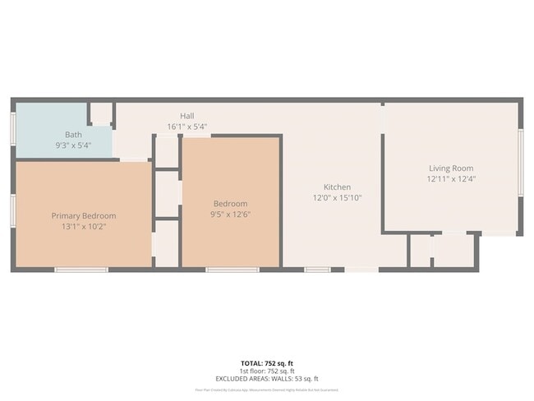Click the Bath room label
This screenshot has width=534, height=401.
pyautogui.click(x=73, y=134)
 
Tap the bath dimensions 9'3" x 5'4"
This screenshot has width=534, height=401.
pyautogui.click(x=73, y=145)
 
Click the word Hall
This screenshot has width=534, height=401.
pyautogui.click(x=186, y=116)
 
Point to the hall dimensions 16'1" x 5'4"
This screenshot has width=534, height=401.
pyautogui.click(x=186, y=127)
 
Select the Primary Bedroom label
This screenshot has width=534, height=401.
pyautogui.click(x=84, y=215)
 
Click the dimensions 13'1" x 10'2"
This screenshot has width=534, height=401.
pyautogui.click(x=84, y=226)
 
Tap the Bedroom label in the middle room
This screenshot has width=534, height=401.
pyautogui.click(x=230, y=204)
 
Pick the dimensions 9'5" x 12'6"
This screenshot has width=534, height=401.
pyautogui.click(x=230, y=214)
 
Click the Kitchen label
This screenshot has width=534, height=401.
pyautogui.click(x=337, y=187)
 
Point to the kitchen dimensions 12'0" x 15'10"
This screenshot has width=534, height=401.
pyautogui.click(x=337, y=198)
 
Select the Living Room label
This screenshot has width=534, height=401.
pyautogui.click(x=451, y=168)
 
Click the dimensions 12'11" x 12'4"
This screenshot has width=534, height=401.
pyautogui.click(x=451, y=178)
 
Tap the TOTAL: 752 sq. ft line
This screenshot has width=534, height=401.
pyautogui.click(x=267, y=362)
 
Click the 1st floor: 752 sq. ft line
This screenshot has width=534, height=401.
pyautogui.click(x=267, y=371)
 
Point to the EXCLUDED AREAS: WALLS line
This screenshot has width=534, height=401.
pyautogui.click(x=267, y=379)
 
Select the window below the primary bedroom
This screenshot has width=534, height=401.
pyautogui.click(x=81, y=269)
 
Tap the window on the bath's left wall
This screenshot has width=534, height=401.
pyautogui.click(x=13, y=129)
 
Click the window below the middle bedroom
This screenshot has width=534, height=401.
pyautogui.click(x=232, y=269)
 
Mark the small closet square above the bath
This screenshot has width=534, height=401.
pyautogui.click(x=101, y=113)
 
